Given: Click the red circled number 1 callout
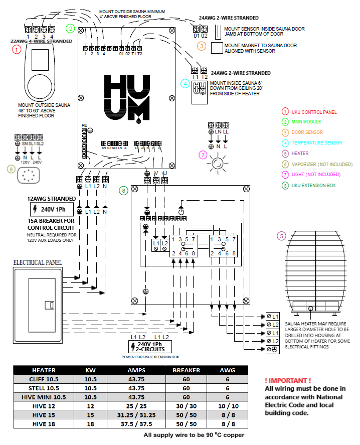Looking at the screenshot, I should (17, 49).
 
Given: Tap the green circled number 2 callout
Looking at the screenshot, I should (71, 28).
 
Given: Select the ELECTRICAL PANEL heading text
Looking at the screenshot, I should (38, 262).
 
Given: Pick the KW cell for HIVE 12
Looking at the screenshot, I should (90, 406).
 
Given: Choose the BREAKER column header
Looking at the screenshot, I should (186, 370).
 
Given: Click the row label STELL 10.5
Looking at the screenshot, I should (44, 388).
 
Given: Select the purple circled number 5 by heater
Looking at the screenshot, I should (281, 235).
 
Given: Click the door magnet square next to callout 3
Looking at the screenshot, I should (217, 48).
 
